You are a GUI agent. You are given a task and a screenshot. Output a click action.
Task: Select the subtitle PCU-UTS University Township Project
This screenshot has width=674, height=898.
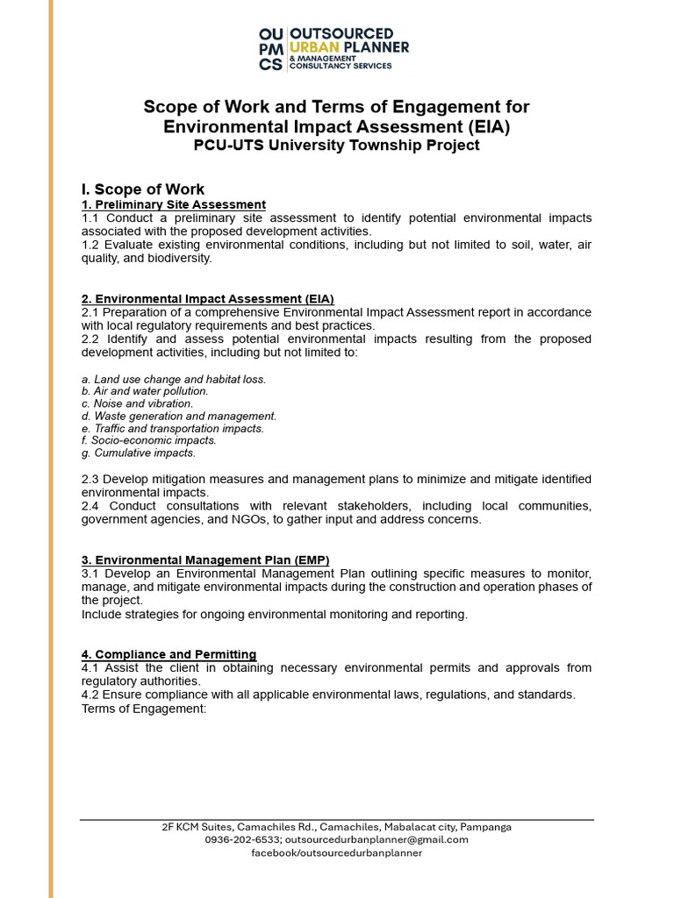click(336, 146)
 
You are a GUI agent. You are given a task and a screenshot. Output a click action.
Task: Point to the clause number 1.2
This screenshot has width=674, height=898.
click(91, 245)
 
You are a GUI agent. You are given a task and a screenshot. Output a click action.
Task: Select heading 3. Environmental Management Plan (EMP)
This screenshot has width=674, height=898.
click(205, 559)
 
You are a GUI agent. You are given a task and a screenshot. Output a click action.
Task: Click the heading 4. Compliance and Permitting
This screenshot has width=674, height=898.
click(169, 654)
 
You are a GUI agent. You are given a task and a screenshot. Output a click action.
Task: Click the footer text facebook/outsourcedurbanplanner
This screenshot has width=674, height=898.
click(336, 852)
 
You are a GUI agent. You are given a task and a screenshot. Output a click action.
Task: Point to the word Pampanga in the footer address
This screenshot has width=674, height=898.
click(485, 826)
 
